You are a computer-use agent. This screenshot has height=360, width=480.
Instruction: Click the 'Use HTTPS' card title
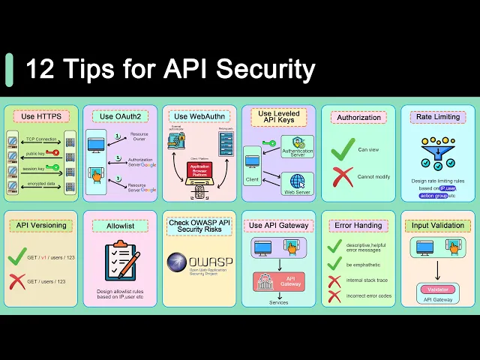40,116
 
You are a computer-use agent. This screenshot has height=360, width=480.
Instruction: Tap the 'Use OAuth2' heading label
119,116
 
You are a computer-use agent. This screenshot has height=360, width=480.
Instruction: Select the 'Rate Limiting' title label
437,117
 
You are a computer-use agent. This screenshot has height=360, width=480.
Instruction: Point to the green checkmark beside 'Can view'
343,148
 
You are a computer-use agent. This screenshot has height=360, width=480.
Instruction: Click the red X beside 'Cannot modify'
343,176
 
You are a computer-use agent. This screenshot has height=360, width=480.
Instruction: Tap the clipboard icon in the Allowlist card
120,261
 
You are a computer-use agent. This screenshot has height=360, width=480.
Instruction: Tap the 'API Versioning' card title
40,225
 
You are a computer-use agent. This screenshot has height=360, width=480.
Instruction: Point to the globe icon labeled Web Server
298,181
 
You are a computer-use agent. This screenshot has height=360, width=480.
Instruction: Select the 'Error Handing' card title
358,225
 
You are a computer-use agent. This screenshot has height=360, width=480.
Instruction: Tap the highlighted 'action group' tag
434,196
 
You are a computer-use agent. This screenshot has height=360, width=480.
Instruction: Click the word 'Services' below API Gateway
279,302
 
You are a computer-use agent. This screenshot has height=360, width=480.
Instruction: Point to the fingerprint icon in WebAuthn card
199,191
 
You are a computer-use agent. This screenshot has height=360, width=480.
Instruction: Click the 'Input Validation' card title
437,225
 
